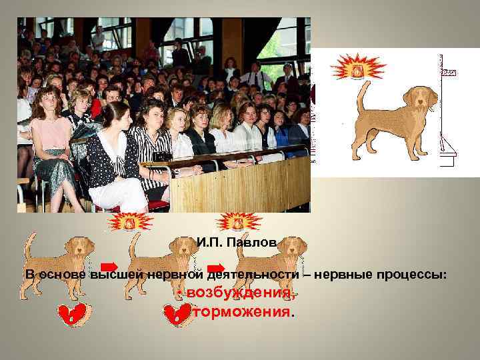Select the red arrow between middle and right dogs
[x=217, y=267]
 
